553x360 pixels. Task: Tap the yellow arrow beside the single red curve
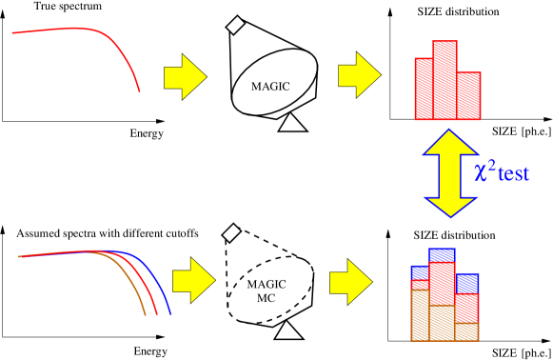pos(185,76)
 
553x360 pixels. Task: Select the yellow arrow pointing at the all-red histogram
pos(359,75)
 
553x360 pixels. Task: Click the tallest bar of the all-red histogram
pos(444,80)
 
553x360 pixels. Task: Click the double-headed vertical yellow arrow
pos(449,172)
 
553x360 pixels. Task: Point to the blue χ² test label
pos(501,172)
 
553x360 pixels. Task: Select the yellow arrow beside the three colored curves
pos(193,280)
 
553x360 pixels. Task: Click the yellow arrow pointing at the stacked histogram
pos(350,282)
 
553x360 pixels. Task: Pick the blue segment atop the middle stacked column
pos(442,255)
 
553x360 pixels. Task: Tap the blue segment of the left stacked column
pos(420,272)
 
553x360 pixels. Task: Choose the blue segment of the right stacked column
pos(466,284)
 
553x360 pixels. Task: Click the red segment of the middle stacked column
pos(442,284)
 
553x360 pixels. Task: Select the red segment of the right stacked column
pos(466,309)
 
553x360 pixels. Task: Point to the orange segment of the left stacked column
pos(420,315)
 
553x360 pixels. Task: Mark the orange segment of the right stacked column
pos(466,331)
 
